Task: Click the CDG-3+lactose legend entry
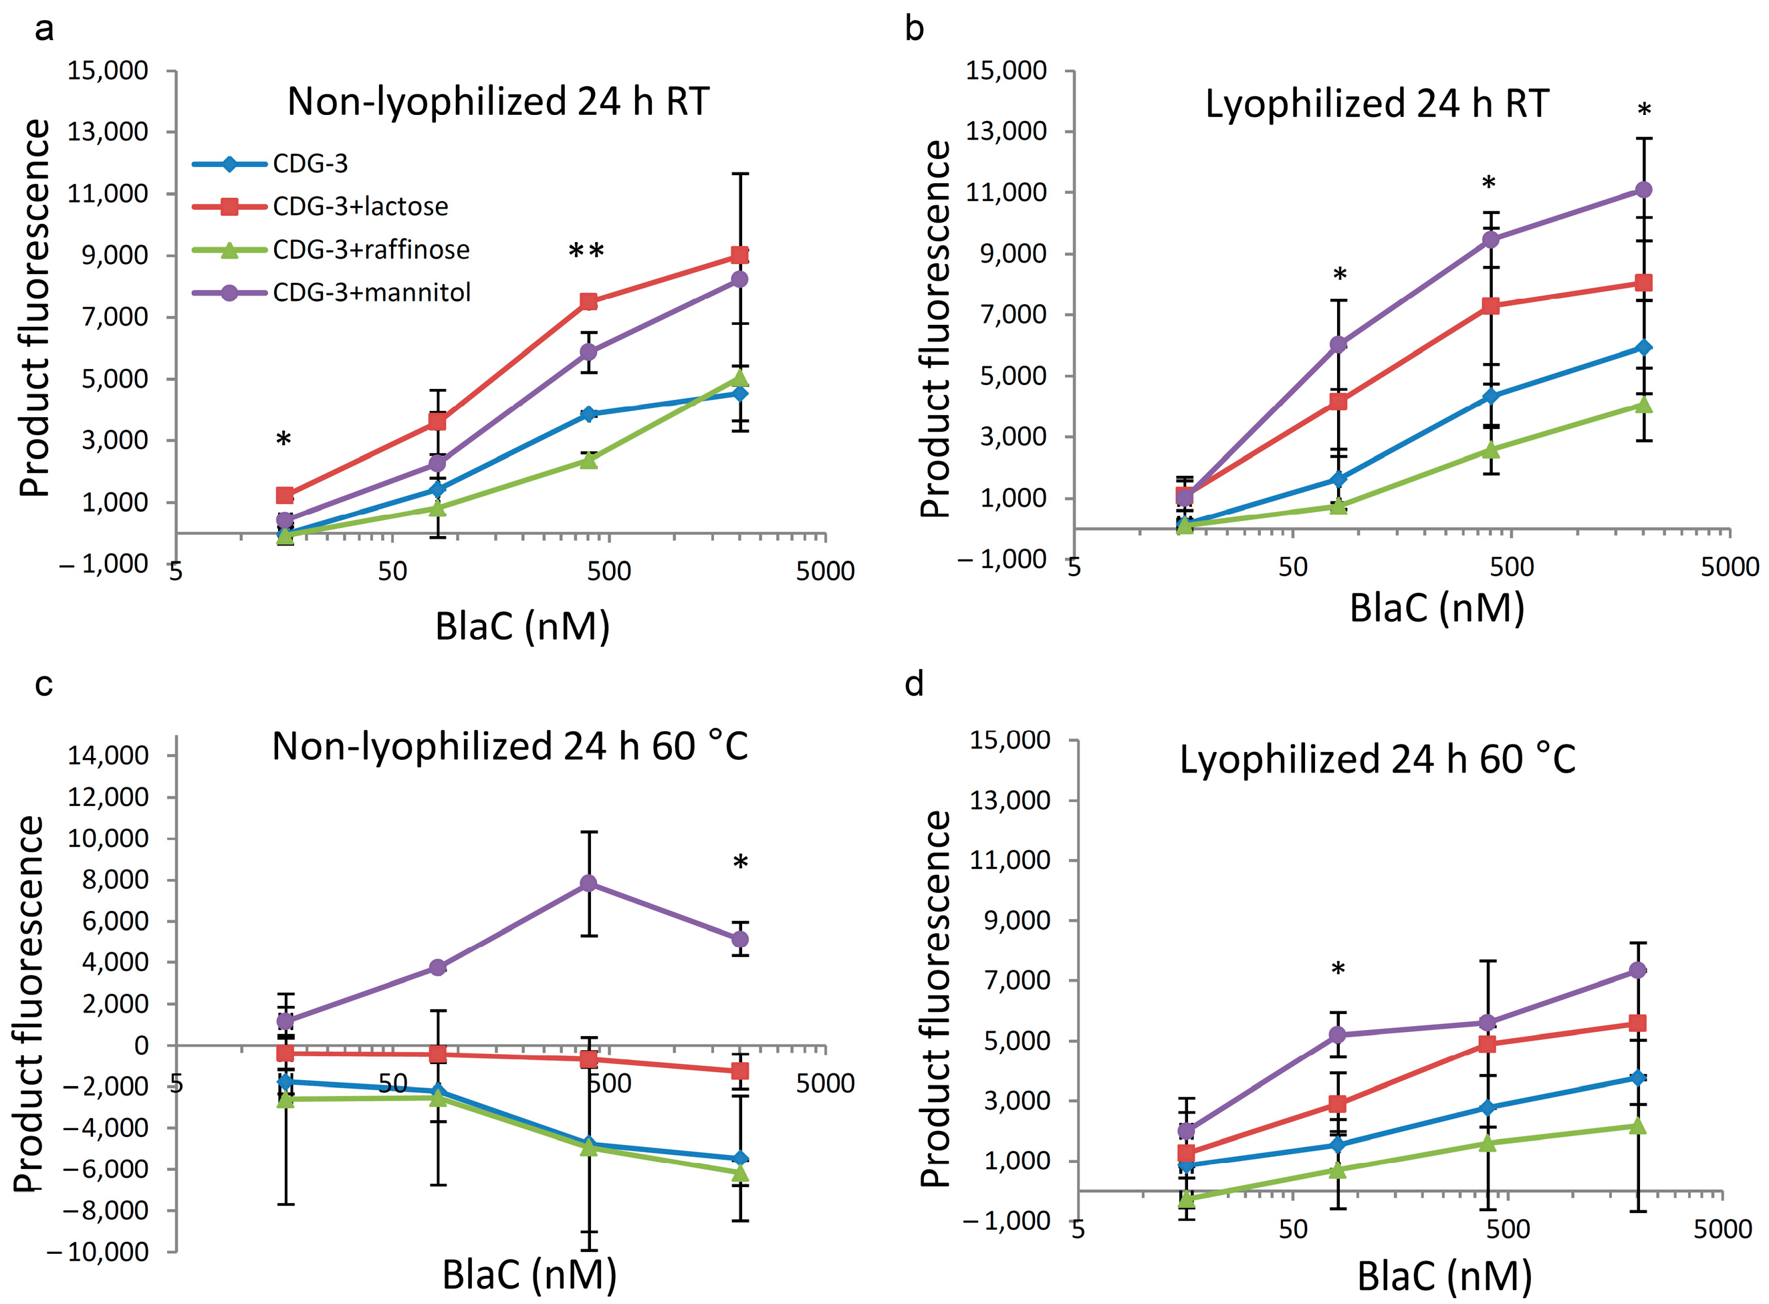click(x=320, y=207)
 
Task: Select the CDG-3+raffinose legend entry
click(x=332, y=250)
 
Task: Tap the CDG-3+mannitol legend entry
click(x=332, y=293)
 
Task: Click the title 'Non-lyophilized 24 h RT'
click(x=498, y=102)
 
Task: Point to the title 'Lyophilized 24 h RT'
click(x=1377, y=104)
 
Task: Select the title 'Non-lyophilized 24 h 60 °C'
click(x=510, y=746)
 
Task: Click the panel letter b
click(x=914, y=29)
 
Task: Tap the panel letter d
click(x=914, y=684)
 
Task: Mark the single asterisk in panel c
click(x=741, y=863)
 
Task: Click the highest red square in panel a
click(x=739, y=255)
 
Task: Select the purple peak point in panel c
click(x=589, y=884)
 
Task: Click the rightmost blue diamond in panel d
click(x=1638, y=1077)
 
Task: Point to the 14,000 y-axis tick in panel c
click(x=108, y=755)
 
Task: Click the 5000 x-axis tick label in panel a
click(x=826, y=571)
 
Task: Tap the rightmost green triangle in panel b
click(x=1644, y=405)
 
